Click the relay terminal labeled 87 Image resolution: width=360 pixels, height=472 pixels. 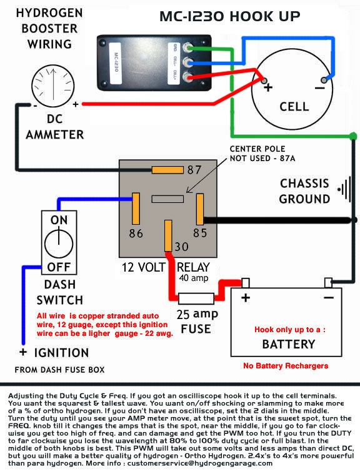pos(167,170)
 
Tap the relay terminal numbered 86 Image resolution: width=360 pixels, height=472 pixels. pos(136,209)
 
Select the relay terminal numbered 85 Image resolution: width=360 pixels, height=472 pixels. pos(200,209)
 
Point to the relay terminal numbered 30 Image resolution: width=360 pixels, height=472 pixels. pos(168,236)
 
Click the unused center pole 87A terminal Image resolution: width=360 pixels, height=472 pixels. pos(167,199)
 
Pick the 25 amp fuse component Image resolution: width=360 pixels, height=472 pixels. pos(196,298)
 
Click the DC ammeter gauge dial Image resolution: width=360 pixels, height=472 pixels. pos(53,86)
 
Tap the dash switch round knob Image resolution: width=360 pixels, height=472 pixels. pos(59,244)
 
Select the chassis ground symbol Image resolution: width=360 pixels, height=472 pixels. pos(344,190)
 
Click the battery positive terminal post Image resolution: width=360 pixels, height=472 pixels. pos(246,283)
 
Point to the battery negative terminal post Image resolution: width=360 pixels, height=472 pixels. pos(328,283)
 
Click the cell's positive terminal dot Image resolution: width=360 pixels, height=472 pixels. pos(264,81)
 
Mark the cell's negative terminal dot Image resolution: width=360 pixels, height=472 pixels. pos(324,80)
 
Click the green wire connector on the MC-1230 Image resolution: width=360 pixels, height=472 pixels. pos(188,48)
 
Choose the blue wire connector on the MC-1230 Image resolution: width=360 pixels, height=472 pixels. pos(188,62)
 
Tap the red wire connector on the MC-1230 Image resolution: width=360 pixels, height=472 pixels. pos(188,77)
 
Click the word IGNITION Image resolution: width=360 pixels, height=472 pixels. pos(61,353)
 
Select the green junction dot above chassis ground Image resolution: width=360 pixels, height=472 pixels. pos(353,136)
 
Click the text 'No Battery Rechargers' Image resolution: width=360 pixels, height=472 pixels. pos(286,366)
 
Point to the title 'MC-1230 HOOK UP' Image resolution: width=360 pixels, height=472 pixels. pos(230,17)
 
